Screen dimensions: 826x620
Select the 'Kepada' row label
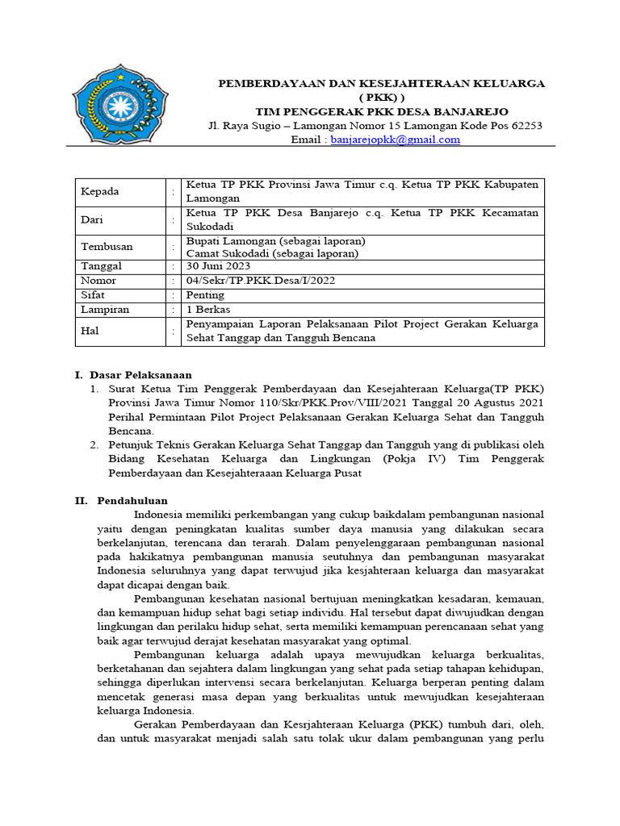click(99, 192)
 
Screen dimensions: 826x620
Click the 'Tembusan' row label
click(106, 247)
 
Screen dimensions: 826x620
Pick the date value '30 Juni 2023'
click(218, 266)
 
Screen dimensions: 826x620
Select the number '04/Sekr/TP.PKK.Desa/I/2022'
click(260, 281)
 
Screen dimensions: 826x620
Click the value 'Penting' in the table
click(205, 295)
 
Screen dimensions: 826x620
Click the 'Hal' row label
click(89, 331)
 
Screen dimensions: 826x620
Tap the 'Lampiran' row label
click(105, 310)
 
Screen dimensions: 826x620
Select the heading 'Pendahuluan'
click(132, 501)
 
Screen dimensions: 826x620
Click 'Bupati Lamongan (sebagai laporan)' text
click(275, 240)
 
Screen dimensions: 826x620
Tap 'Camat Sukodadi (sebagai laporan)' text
click(272, 253)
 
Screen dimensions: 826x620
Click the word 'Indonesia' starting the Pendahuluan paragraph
click(159, 515)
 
